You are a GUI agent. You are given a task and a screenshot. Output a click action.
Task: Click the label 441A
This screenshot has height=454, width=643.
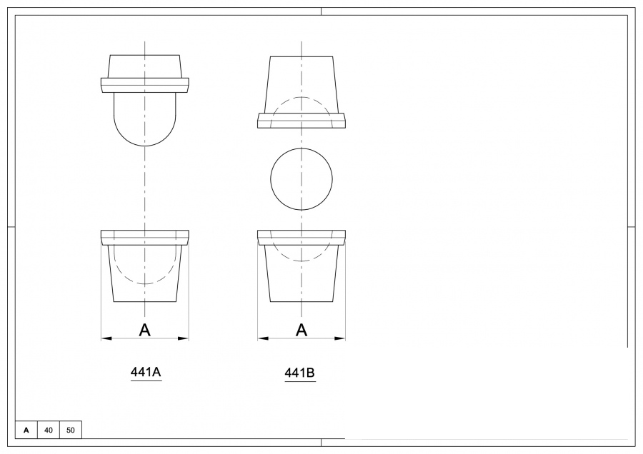(x=146, y=372)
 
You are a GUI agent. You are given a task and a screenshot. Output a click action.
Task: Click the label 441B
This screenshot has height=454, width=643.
(x=300, y=373)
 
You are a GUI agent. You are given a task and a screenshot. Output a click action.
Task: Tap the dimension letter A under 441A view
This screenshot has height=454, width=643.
(x=145, y=330)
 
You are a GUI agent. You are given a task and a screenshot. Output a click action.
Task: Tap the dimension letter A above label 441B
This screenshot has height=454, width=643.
(x=301, y=330)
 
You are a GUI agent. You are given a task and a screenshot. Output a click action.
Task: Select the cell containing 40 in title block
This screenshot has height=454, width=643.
(x=48, y=430)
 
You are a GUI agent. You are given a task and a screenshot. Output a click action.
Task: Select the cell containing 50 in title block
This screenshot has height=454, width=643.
(x=71, y=430)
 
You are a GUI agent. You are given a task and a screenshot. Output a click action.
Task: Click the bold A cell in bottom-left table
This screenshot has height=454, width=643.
(x=26, y=430)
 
